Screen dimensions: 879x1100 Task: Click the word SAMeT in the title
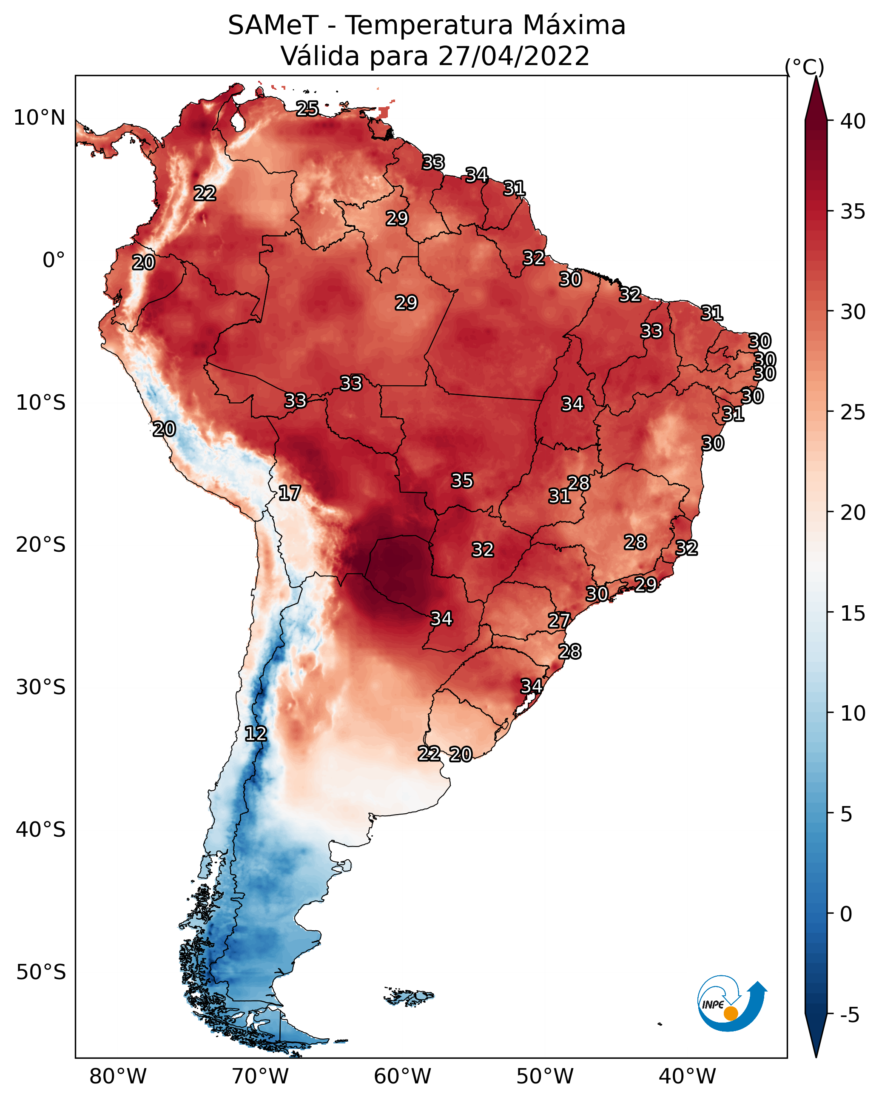[273, 26]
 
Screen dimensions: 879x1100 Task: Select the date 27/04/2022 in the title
[514, 56]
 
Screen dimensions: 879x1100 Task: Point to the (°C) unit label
[804, 67]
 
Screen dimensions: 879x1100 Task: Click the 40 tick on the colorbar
[853, 121]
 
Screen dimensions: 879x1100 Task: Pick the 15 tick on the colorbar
[853, 613]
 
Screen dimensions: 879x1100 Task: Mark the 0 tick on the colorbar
[846, 914]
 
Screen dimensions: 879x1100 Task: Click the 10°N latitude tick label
[39, 118]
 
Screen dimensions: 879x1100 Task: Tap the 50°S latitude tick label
[41, 972]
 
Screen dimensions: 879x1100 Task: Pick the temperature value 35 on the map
[462, 481]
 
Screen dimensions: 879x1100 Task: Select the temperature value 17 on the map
[289, 493]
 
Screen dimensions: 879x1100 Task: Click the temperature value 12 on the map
[256, 734]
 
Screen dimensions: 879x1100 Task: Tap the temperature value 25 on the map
[307, 108]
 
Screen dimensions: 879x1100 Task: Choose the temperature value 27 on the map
[559, 621]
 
